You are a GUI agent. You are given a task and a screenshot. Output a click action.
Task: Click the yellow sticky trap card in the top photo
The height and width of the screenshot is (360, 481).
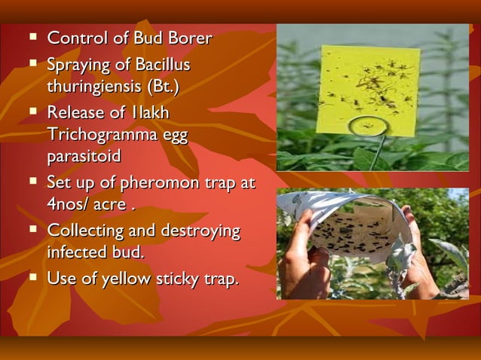point(370,84)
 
